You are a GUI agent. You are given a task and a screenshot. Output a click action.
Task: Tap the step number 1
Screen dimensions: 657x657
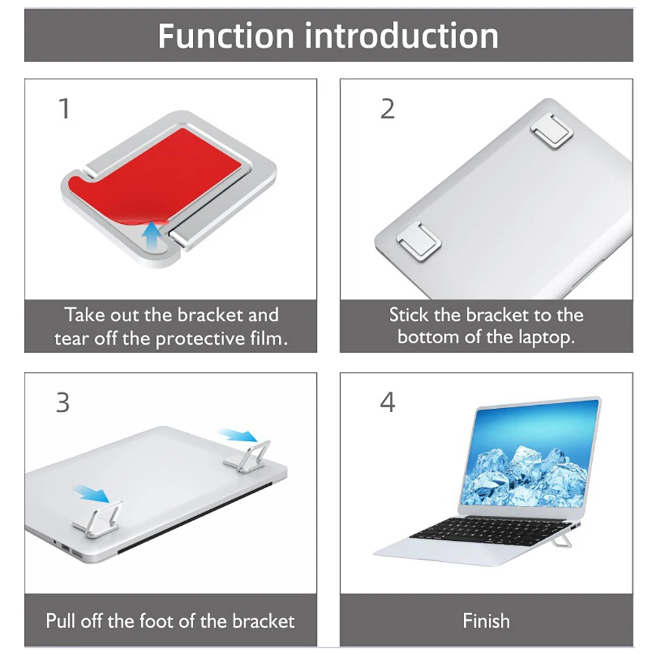click(x=64, y=109)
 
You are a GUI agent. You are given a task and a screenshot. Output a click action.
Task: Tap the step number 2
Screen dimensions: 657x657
click(x=388, y=109)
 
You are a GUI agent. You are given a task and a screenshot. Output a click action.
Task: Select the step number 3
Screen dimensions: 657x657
click(x=63, y=402)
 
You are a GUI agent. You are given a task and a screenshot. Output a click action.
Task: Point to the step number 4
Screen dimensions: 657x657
click(x=388, y=402)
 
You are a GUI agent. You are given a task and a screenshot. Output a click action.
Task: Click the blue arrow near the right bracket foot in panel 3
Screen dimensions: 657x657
click(x=238, y=435)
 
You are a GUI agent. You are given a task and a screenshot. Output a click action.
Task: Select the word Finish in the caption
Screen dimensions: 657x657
click(x=486, y=620)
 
